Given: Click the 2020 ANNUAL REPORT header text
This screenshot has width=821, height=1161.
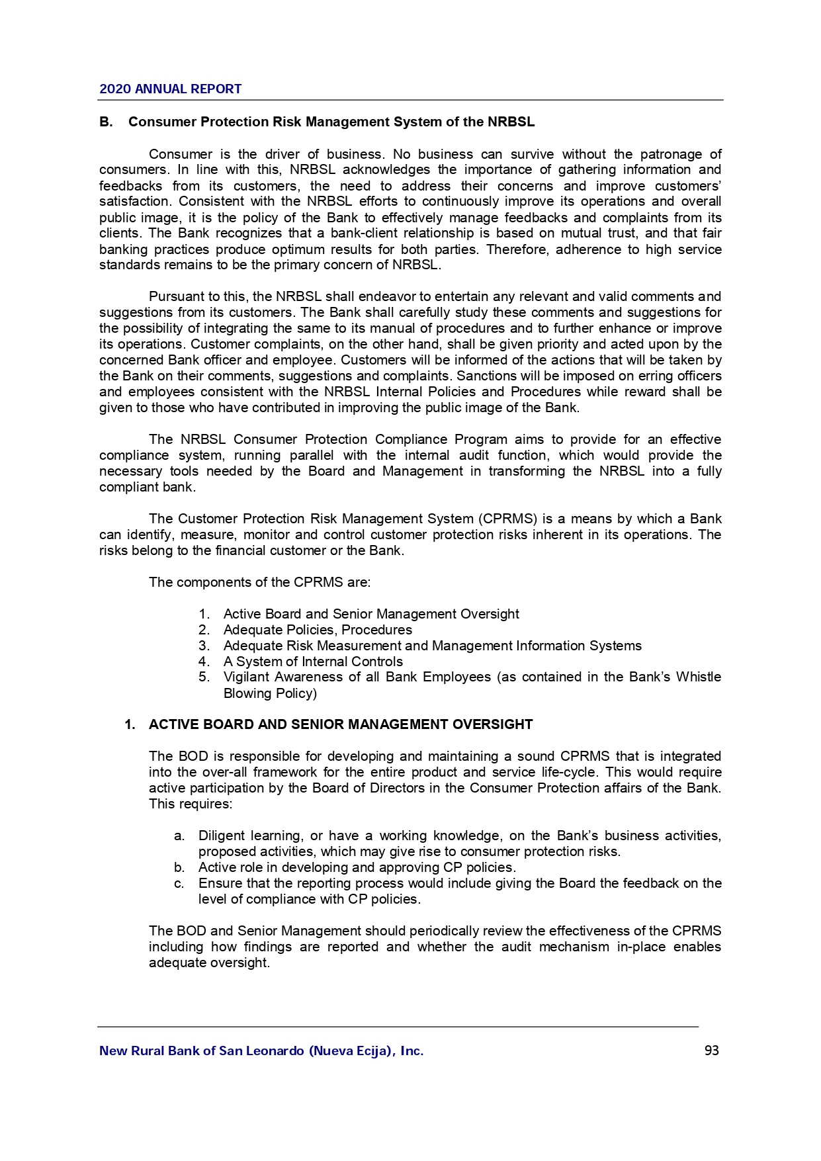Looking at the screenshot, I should [170, 89].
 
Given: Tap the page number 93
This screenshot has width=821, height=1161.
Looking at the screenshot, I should [711, 1051].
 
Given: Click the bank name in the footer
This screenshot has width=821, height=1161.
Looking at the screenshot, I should [261, 1051].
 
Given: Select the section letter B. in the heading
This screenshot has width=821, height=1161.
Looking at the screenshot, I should [106, 122].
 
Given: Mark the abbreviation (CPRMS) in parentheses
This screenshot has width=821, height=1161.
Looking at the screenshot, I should [506, 519].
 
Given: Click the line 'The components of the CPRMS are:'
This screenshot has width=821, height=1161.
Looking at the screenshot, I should [259, 582].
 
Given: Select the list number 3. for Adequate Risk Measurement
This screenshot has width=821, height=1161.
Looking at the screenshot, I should [204, 646].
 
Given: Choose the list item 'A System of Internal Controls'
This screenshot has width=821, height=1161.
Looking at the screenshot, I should [313, 662].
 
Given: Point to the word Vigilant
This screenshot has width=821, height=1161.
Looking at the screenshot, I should [245, 677].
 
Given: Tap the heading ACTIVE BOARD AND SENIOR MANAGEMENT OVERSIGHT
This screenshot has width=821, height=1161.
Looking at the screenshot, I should [341, 724].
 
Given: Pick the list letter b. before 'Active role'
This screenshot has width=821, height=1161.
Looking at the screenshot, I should [179, 867].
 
